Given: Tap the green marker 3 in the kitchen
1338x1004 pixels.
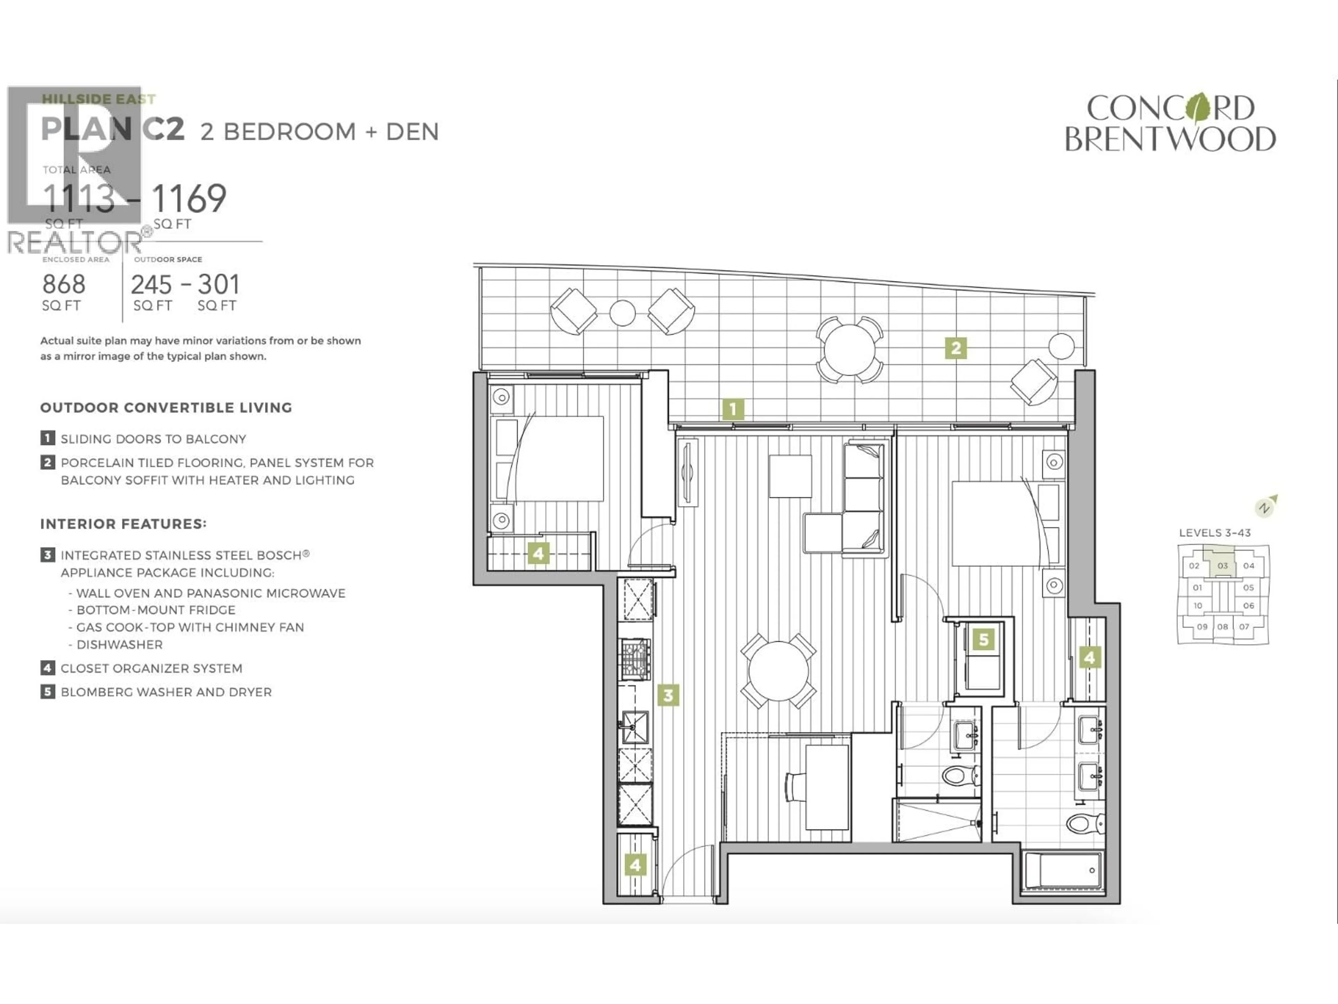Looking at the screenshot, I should pyautogui.click(x=668, y=695).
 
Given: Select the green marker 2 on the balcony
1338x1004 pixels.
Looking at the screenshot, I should pyautogui.click(x=956, y=348).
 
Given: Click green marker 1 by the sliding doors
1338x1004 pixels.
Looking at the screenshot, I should pyautogui.click(x=732, y=410).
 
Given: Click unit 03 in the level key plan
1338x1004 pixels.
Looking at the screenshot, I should pyautogui.click(x=1222, y=566).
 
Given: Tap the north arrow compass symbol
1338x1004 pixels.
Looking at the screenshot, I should pyautogui.click(x=1266, y=506).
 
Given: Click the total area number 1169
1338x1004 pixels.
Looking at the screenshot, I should pyautogui.click(x=189, y=198).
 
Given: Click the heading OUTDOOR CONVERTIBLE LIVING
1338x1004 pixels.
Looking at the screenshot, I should pyautogui.click(x=166, y=408).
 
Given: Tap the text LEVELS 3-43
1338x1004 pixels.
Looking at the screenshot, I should pyautogui.click(x=1215, y=533).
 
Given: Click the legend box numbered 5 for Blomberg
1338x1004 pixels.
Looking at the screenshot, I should pyautogui.click(x=47, y=692).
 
